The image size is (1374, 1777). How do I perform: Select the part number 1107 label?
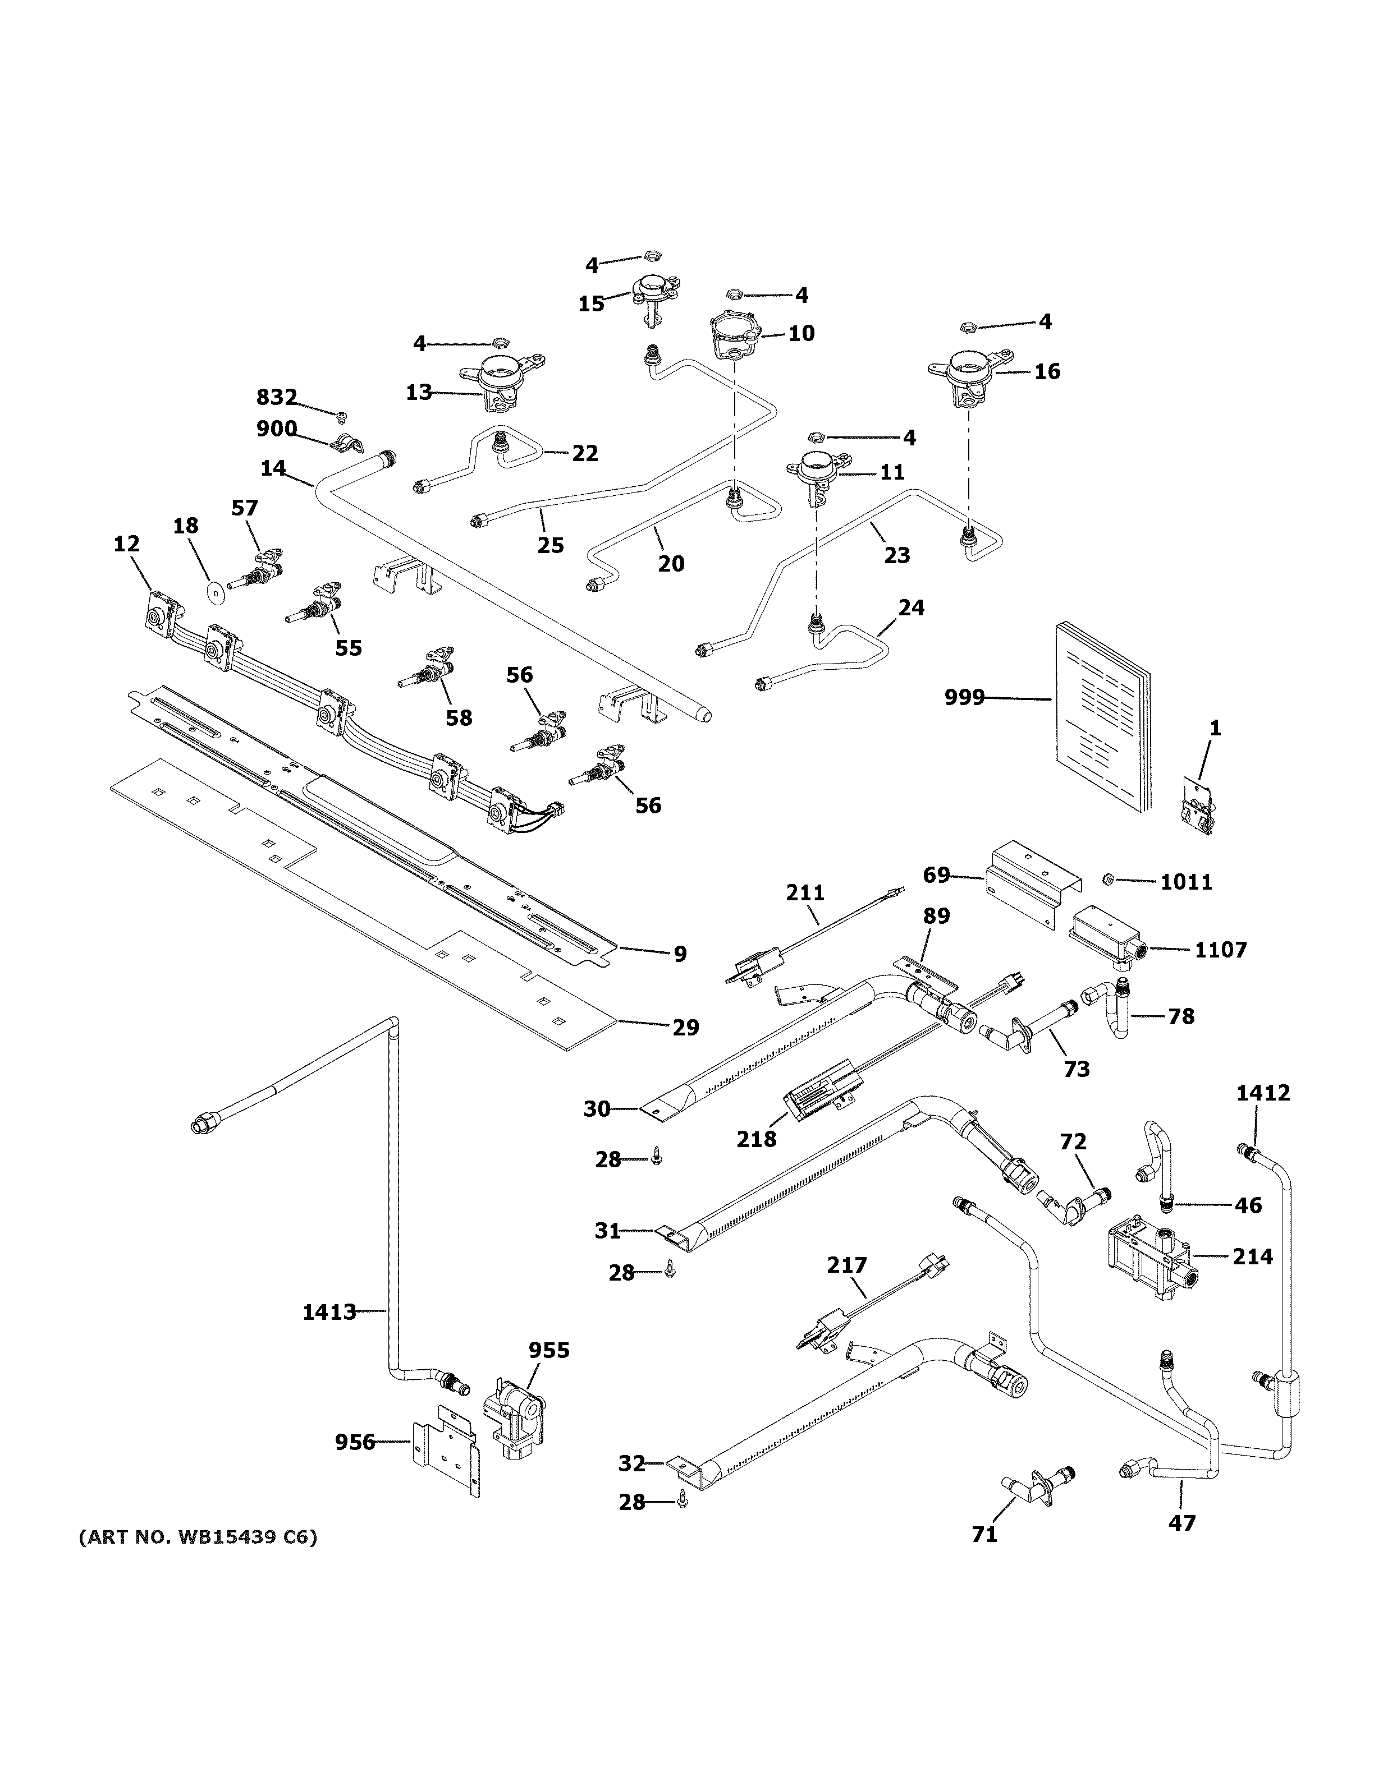pyautogui.click(x=1220, y=950)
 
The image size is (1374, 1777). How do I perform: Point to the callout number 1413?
pyautogui.click(x=329, y=1311)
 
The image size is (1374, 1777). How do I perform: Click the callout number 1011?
pyautogui.click(x=1186, y=882)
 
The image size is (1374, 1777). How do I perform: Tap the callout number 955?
pyautogui.click(x=549, y=1351)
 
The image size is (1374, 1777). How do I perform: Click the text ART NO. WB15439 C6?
pyautogui.click(x=198, y=1538)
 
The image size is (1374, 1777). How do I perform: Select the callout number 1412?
pyautogui.click(x=1263, y=1093)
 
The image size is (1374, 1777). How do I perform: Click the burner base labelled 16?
pyautogui.click(x=969, y=379)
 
